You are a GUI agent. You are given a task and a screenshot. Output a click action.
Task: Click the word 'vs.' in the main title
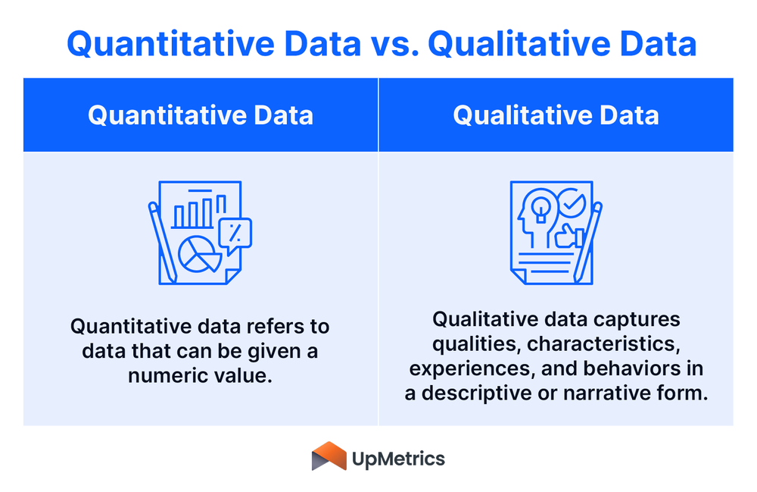395,44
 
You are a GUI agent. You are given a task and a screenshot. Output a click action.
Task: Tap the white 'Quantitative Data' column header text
201,115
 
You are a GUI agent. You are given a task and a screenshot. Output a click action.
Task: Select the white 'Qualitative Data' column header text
556,115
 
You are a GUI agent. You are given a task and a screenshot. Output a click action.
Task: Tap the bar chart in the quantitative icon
198,210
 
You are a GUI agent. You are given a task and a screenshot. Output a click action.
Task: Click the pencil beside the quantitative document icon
162,243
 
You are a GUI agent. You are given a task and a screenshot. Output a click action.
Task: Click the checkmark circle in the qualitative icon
572,203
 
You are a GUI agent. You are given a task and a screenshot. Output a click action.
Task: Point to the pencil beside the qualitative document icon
587,242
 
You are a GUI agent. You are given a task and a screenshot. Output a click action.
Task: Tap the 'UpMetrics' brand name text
398,459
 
